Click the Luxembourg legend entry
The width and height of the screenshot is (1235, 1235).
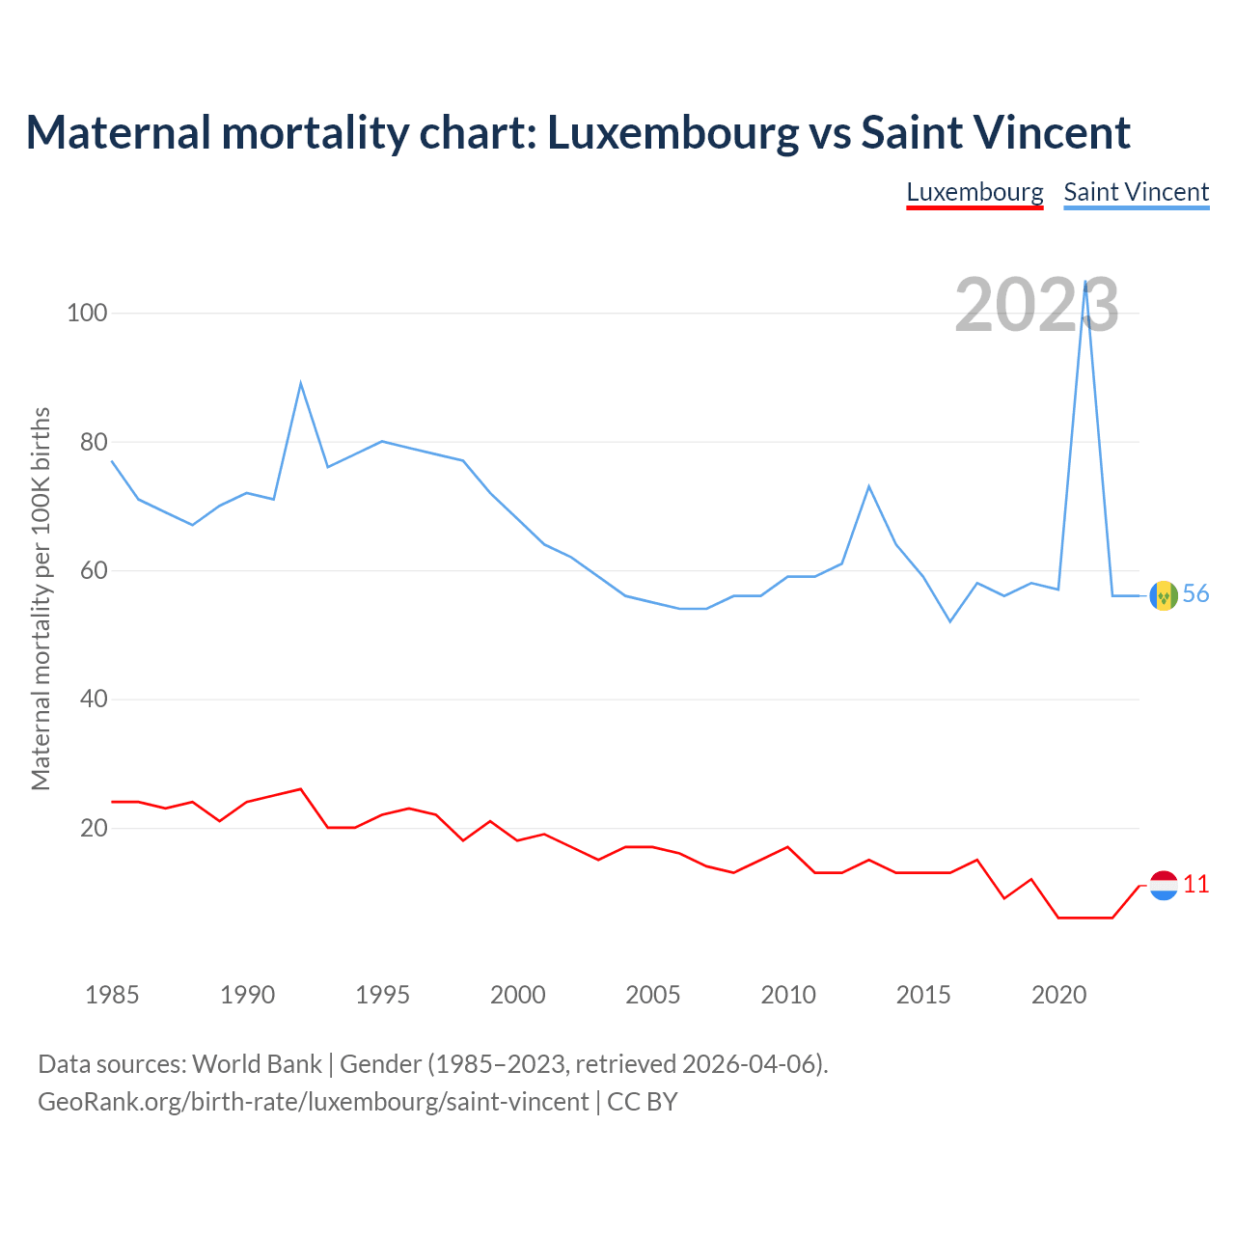click(x=974, y=192)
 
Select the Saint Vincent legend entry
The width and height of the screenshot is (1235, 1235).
click(x=1136, y=192)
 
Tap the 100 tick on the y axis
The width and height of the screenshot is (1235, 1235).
click(x=87, y=314)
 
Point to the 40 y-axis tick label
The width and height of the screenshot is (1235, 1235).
click(x=93, y=699)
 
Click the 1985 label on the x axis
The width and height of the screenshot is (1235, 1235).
click(x=112, y=995)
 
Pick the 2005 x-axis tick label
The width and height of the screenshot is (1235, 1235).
click(x=653, y=995)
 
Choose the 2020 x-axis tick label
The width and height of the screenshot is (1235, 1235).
click(x=1058, y=995)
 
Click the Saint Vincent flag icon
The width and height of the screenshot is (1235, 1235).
click(x=1164, y=595)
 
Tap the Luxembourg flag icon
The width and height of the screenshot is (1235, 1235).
click(x=1164, y=885)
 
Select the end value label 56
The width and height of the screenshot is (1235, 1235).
click(x=1195, y=594)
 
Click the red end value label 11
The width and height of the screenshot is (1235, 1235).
click(x=1195, y=885)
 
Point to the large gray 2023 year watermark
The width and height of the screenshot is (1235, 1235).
click(x=1036, y=305)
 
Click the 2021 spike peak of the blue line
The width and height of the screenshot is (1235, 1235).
click(x=1085, y=283)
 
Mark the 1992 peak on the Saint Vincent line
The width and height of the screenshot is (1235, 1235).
click(x=301, y=383)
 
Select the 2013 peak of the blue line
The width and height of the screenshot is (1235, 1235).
click(x=869, y=486)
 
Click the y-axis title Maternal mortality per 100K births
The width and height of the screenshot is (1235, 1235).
click(x=41, y=598)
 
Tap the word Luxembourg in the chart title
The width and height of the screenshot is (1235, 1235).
click(x=672, y=132)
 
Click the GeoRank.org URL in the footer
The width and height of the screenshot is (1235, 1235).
click(x=313, y=1101)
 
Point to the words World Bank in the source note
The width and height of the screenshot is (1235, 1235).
click(x=257, y=1064)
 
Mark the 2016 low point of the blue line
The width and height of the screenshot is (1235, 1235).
click(x=950, y=621)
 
